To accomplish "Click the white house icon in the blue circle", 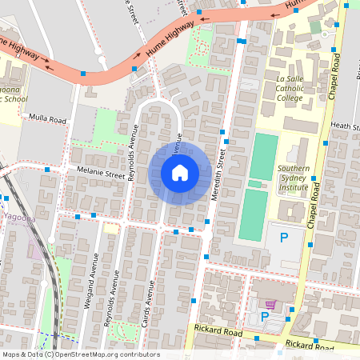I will click(180, 173).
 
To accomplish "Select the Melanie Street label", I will click(101, 171).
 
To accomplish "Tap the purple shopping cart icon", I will click(270, 305).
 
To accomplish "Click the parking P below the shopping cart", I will click(265, 318).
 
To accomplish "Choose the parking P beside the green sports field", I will click(282, 237).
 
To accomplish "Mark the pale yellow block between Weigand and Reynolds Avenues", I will click(110, 229).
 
